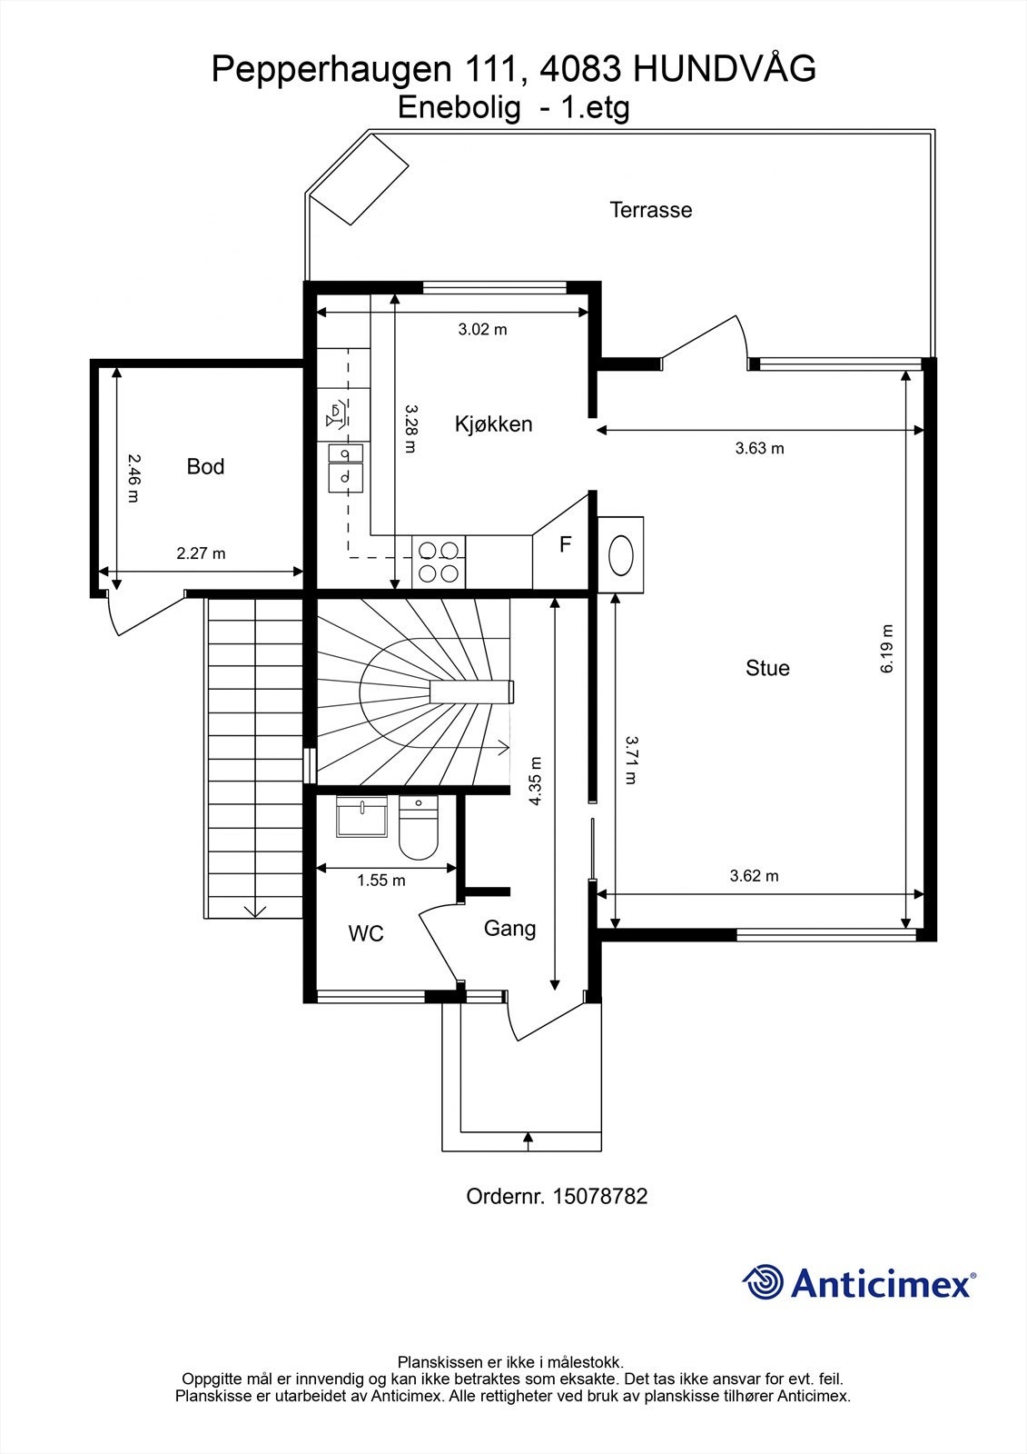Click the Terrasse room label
(x=650, y=210)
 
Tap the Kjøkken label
(x=493, y=423)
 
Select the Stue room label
(x=767, y=668)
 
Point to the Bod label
(x=205, y=466)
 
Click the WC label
(x=366, y=933)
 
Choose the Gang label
(x=509, y=928)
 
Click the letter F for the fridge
(x=565, y=544)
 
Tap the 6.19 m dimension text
(x=887, y=649)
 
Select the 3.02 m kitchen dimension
(x=482, y=329)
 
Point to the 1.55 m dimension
(x=381, y=880)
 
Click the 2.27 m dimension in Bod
(x=201, y=553)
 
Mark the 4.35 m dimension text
(x=536, y=781)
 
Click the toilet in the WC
(x=419, y=829)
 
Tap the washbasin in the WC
(x=361, y=815)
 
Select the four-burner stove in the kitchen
(x=439, y=561)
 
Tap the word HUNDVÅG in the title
(x=724, y=69)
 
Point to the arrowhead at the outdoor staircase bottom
(x=254, y=911)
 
